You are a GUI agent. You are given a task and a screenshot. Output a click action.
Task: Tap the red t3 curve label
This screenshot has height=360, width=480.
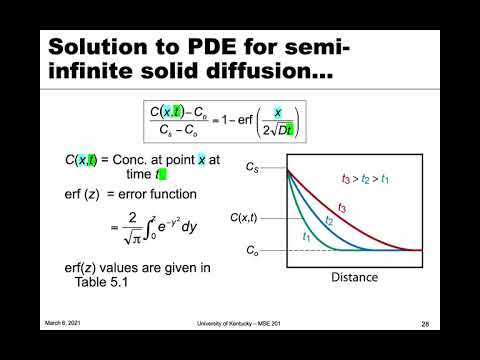341,207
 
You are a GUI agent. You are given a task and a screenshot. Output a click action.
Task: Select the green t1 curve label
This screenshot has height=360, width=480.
306,235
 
